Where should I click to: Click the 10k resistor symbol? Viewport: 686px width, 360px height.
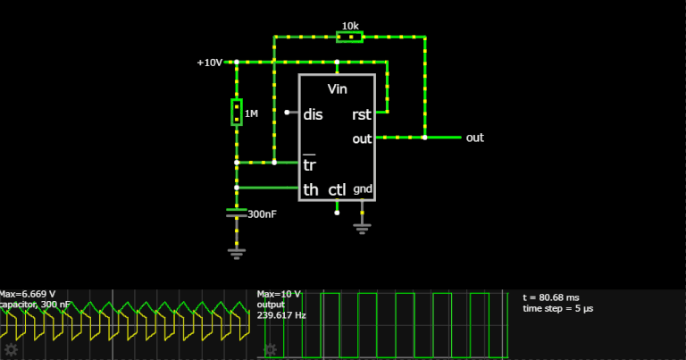349,37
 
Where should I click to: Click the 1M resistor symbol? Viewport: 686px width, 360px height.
237,113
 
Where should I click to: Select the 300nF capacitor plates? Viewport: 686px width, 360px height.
237,213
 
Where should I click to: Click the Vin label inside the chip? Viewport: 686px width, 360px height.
338,89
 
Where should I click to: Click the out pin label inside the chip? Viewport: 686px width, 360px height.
362,138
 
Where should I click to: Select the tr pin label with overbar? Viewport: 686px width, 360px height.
310,164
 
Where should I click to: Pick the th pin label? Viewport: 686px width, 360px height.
311,189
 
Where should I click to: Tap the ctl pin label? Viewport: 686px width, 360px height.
337,189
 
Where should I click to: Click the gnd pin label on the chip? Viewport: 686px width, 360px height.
363,189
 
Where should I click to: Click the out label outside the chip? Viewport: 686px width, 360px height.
475,138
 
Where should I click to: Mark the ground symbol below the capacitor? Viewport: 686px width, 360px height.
237,253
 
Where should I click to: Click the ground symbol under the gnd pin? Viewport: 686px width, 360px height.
363,227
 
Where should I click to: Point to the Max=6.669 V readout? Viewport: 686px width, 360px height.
28,294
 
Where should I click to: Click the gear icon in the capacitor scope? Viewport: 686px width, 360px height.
11,349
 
